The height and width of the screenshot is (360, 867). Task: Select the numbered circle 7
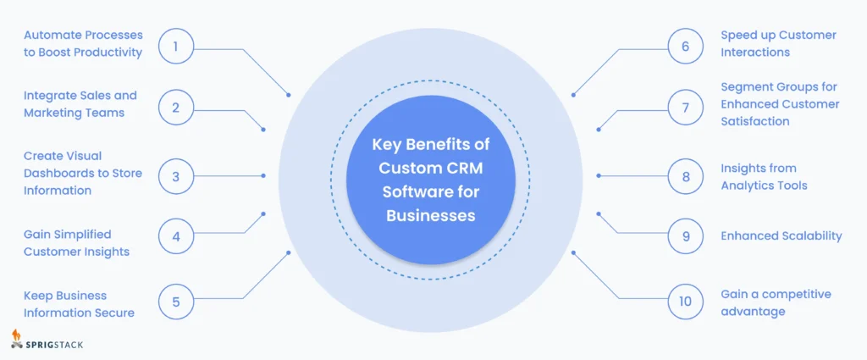pos(686,108)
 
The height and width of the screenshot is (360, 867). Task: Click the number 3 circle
pos(175,176)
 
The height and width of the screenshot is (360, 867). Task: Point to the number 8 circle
pos(686,176)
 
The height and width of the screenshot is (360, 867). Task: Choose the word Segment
pos(748,86)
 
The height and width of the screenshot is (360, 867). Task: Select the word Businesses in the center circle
pos(431,215)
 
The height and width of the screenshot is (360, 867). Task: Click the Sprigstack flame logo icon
pos(17,339)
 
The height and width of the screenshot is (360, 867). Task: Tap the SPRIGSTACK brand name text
pos(58,344)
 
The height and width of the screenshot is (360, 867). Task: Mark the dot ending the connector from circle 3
pos(263,176)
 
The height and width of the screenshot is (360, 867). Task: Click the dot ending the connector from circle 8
pos(599,176)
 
